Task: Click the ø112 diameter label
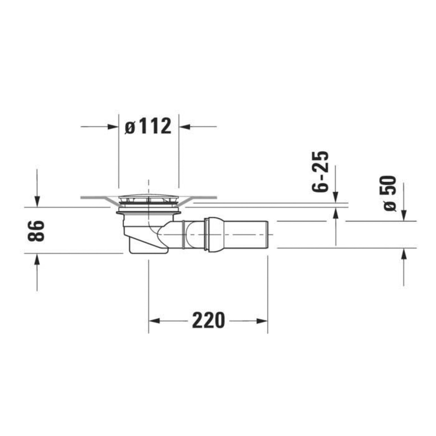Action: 148,126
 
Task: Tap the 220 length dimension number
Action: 208,320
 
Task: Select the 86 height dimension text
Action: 36,231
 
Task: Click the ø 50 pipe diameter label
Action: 390,193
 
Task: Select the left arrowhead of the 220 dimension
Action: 155,321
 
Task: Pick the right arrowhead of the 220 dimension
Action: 262,321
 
